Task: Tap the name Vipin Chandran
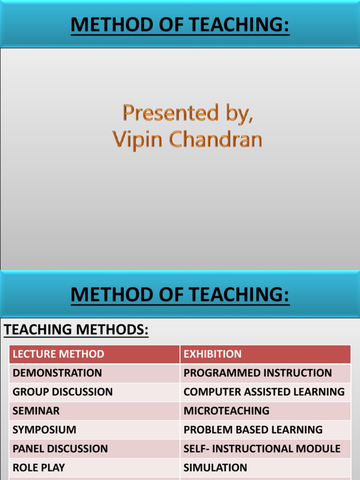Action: tap(187, 140)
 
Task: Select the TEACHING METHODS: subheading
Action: tap(76, 330)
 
